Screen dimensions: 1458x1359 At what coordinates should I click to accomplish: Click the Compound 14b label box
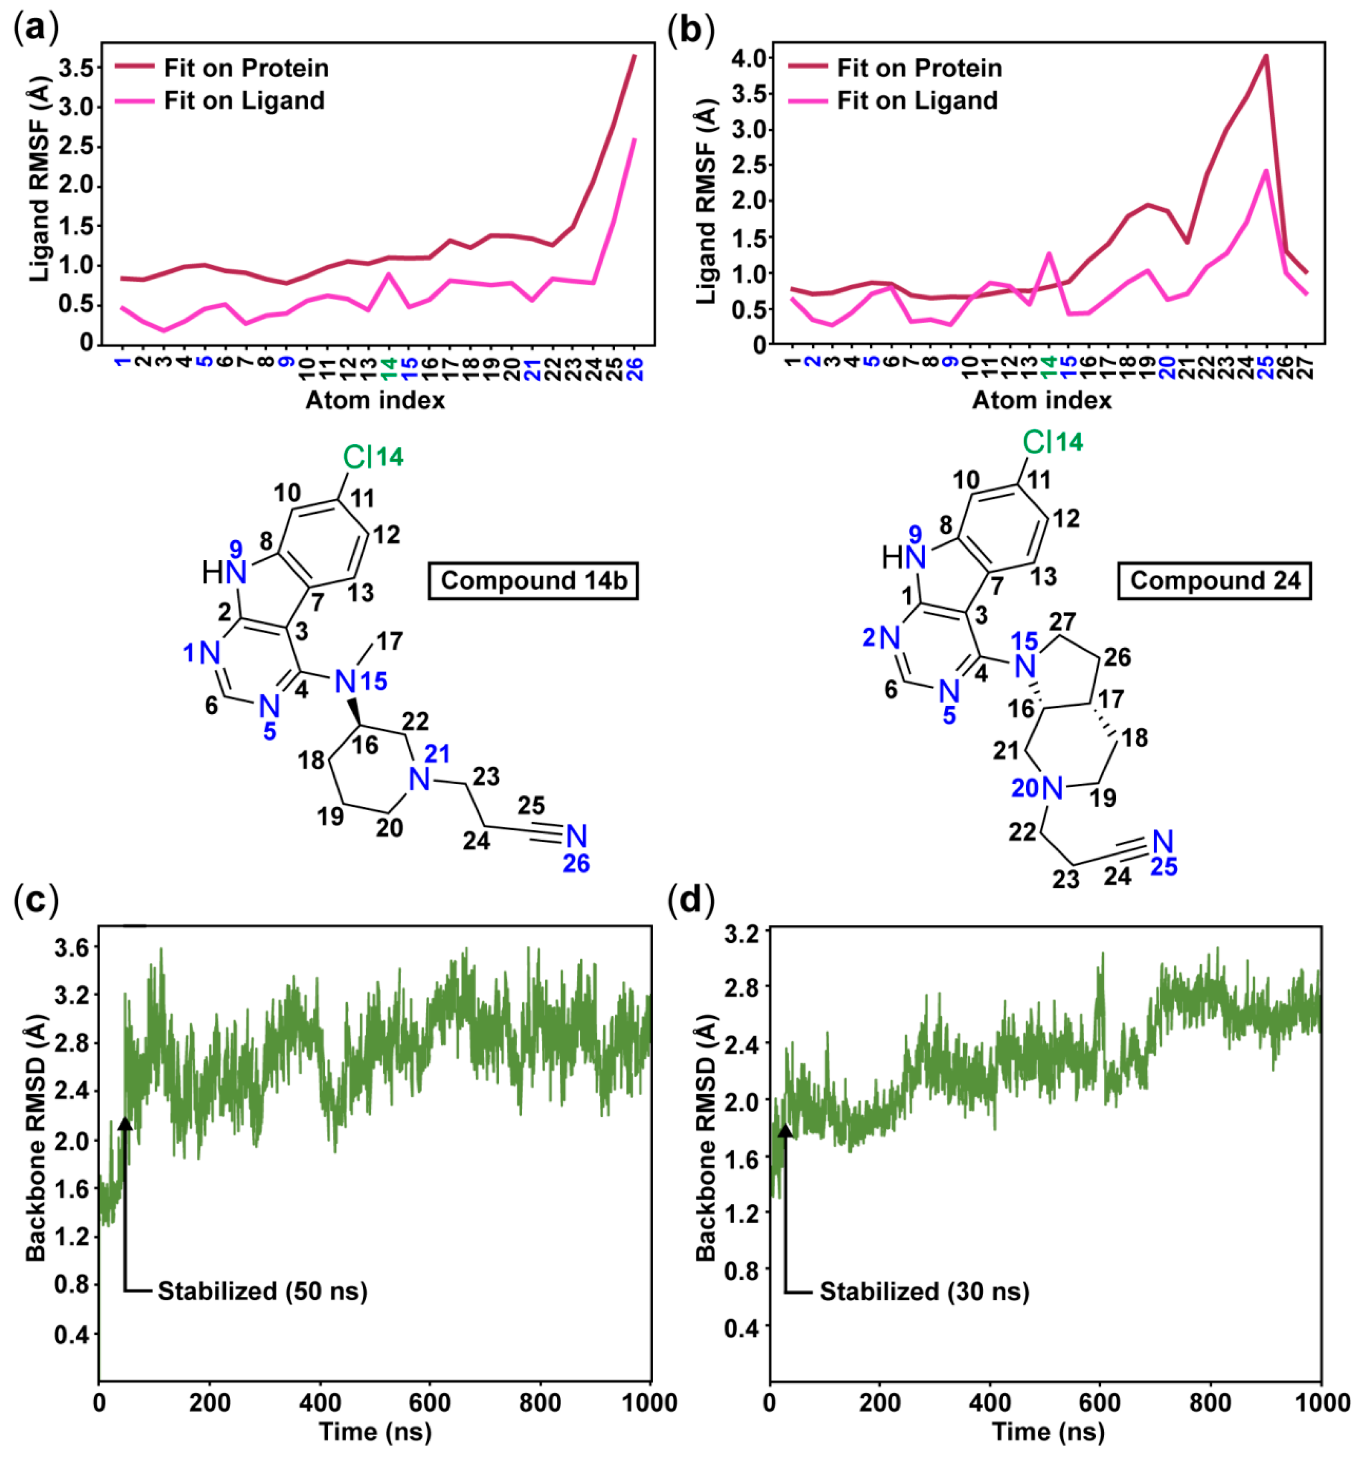pos(533,581)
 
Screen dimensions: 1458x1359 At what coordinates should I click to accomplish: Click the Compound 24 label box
pos(1214,581)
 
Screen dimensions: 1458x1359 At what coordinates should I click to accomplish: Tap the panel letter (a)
pos(35,29)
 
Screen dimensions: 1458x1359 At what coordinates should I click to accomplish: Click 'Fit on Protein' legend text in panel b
pos(919,68)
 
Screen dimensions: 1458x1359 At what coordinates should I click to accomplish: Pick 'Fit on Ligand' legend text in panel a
pos(244,100)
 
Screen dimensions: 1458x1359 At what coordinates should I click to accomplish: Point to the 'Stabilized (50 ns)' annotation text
pos(262,1291)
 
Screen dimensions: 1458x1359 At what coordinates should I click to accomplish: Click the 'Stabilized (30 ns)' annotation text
pos(924,1291)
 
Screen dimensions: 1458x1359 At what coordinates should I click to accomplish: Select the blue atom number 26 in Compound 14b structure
pos(576,864)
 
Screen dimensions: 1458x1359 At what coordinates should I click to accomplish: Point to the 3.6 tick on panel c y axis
pos(71,948)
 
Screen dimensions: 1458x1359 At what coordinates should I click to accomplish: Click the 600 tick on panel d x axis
pos(1100,1403)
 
